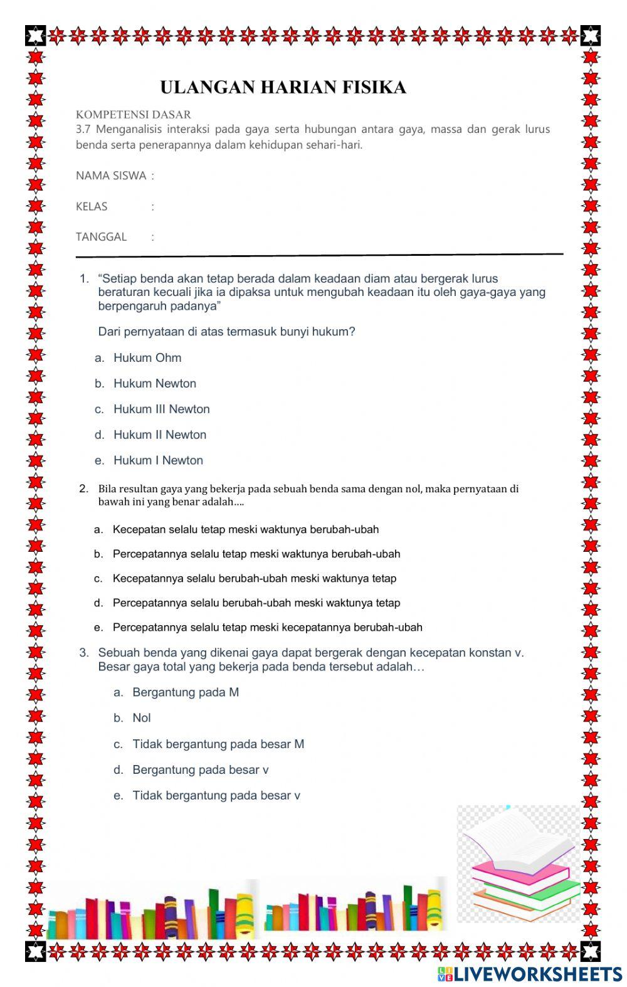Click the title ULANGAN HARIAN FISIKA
[x=283, y=87]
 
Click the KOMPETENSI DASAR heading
[x=133, y=114]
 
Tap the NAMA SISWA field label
[x=111, y=176]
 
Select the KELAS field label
[x=92, y=206]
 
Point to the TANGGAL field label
[x=101, y=236]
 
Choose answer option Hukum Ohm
[x=147, y=357]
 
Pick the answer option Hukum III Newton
[x=161, y=409]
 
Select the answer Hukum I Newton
[x=158, y=460]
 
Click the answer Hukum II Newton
[x=159, y=435]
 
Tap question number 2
[x=84, y=488]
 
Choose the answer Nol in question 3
[x=141, y=718]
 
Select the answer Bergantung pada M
[x=185, y=692]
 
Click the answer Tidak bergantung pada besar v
[x=216, y=796]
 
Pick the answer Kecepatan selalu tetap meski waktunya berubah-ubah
[x=245, y=529]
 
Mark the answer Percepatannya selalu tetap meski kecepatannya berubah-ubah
[x=267, y=627]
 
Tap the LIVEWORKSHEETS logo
[x=530, y=973]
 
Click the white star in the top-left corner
[x=36, y=35]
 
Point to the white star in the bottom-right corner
[x=590, y=951]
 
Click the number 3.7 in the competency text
[x=83, y=129]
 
